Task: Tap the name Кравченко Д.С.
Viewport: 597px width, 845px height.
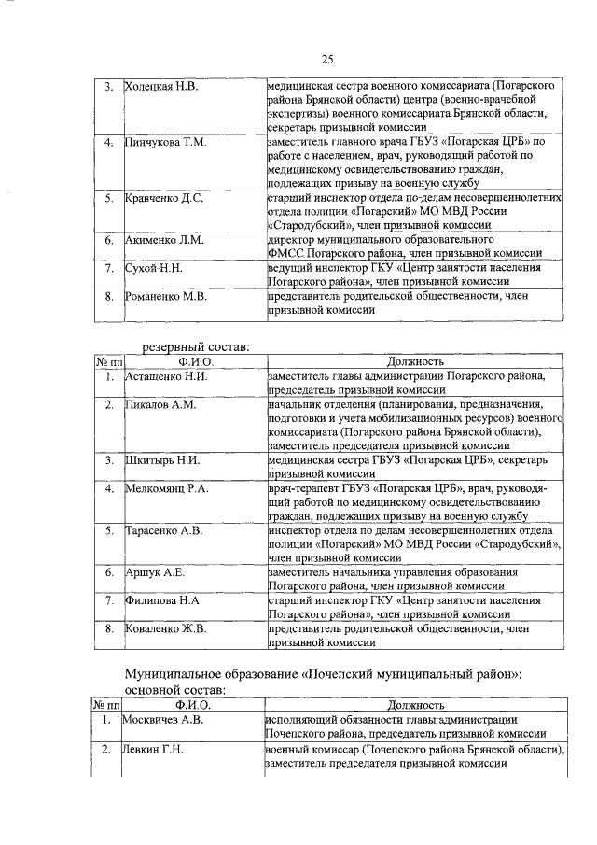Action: click(x=164, y=198)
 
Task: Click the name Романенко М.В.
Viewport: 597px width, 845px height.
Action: click(x=166, y=297)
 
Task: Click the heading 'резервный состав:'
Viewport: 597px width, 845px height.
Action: click(x=195, y=346)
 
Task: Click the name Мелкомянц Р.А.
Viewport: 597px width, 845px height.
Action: click(x=167, y=488)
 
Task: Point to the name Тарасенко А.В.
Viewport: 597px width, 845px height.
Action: click(x=164, y=530)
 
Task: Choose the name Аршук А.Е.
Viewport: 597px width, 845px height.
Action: click(x=155, y=571)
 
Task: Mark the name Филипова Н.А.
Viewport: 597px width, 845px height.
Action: click(x=164, y=600)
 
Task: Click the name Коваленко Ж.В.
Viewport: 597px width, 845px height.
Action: click(x=166, y=628)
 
